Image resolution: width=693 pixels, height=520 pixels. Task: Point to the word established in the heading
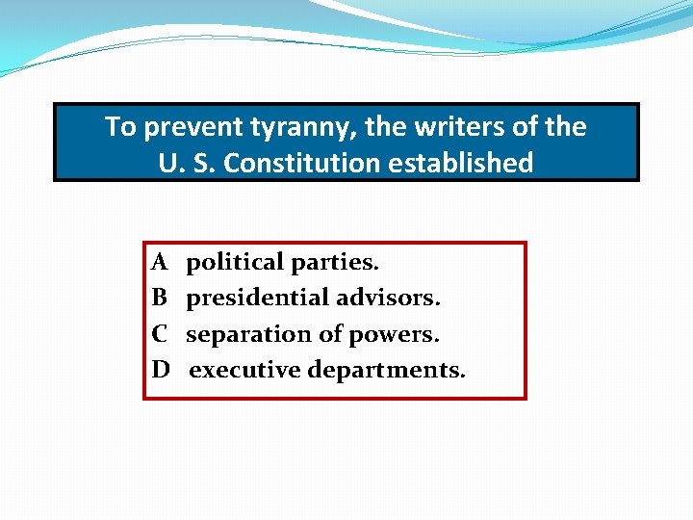tap(461, 163)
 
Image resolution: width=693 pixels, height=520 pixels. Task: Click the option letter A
tap(160, 262)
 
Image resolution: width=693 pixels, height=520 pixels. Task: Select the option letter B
tap(160, 299)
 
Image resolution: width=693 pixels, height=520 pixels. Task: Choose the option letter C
tap(160, 334)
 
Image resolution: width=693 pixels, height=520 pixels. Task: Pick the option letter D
tap(161, 370)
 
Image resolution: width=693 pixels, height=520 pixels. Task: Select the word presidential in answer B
tap(257, 299)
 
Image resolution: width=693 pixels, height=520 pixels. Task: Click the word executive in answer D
tap(244, 370)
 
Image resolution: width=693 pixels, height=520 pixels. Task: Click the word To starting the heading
tap(120, 127)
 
